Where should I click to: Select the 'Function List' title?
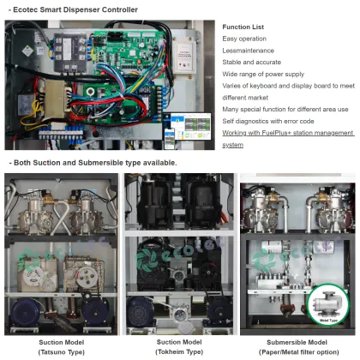pyautogui.click(x=243, y=27)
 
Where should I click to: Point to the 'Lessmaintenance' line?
pyautogui.click(x=247, y=51)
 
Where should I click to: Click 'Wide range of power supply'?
pyautogui.click(x=262, y=75)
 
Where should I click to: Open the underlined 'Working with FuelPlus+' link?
pyautogui.click(x=287, y=134)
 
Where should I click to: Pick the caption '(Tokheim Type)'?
pyautogui.click(x=178, y=351)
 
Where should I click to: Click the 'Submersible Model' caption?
pyautogui.click(x=297, y=343)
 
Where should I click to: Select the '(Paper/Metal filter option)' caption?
pyautogui.click(x=297, y=351)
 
